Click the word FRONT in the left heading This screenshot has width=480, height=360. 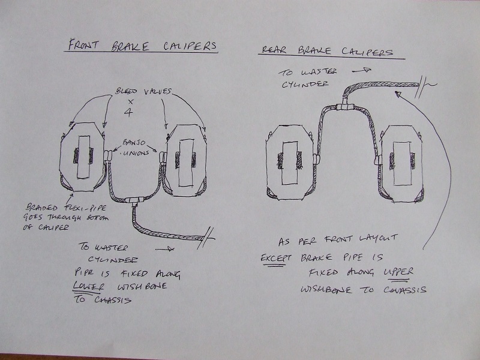[83, 44]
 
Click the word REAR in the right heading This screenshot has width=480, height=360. [274, 49]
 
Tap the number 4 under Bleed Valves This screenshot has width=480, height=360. [128, 112]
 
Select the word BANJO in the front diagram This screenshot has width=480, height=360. [134, 142]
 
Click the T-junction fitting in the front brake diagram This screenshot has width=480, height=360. [134, 200]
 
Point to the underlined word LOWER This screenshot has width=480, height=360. [89, 287]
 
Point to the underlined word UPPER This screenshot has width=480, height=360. [398, 272]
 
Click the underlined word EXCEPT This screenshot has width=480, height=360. [276, 258]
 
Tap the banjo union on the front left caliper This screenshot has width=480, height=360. [108, 155]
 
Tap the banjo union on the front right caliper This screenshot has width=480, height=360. [163, 158]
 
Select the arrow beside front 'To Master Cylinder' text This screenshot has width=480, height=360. [164, 249]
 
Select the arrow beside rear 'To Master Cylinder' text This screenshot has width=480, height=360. [362, 70]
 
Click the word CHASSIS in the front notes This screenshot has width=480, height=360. [113, 299]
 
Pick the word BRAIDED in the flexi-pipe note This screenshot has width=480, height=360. [41, 207]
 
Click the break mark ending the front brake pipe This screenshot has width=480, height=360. [206, 238]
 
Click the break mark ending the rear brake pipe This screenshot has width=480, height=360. [422, 86]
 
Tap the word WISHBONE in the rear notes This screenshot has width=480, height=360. [326, 289]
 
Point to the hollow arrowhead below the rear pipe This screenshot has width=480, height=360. [398, 94]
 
